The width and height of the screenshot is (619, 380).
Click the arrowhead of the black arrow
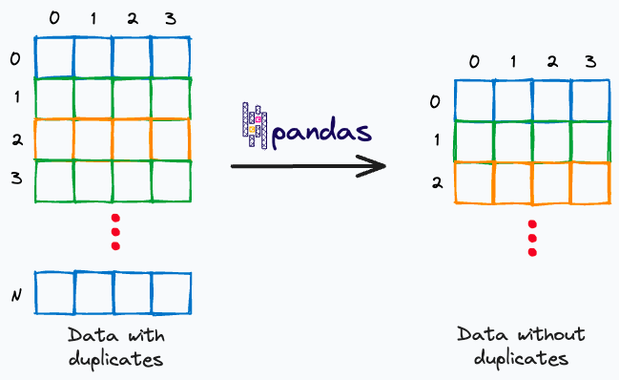pyautogui.click(x=378, y=167)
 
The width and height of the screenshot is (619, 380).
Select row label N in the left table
pyautogui.click(x=15, y=295)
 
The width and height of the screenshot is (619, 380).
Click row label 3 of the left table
pyautogui.click(x=14, y=179)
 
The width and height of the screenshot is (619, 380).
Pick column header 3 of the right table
pyautogui.click(x=590, y=62)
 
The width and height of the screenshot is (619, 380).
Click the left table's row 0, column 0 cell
pyautogui.click(x=53, y=56)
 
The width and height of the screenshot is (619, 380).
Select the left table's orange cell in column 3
pyautogui.click(x=171, y=137)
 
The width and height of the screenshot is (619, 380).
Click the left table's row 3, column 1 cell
pyautogui.click(x=93, y=179)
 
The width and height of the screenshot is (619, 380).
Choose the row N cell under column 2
pyautogui.click(x=132, y=293)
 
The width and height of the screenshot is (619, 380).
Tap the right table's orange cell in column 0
pyautogui.click(x=473, y=183)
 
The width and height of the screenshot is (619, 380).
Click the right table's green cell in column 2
pyautogui.click(x=551, y=141)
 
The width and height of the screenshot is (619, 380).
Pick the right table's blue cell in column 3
pyautogui.click(x=590, y=100)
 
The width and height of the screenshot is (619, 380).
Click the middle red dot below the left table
pyautogui.click(x=115, y=231)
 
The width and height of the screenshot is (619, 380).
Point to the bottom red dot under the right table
pyautogui.click(x=532, y=252)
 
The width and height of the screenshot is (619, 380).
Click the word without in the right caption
pyautogui.click(x=548, y=335)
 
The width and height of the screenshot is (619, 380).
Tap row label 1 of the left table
pyautogui.click(x=14, y=97)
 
